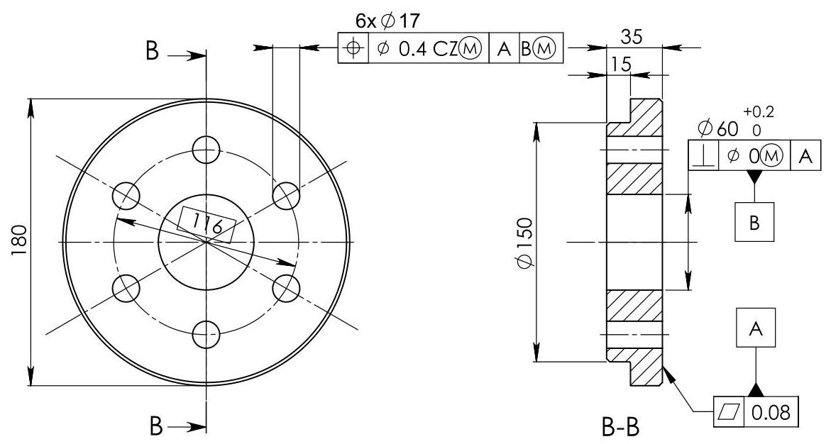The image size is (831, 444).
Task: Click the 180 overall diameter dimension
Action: (19, 242)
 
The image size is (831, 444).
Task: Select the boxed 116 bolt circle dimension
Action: (207, 226)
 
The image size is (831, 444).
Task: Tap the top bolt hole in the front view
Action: (207, 150)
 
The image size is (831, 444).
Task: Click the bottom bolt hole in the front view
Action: (207, 334)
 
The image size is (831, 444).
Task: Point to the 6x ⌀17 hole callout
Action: (387, 21)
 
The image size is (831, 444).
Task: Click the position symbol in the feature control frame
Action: (353, 48)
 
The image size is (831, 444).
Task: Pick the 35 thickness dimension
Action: (632, 37)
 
